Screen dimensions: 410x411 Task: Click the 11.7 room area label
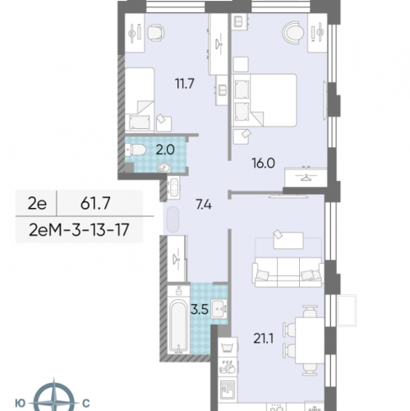click(185, 84)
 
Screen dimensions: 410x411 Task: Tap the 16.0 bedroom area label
click(263, 164)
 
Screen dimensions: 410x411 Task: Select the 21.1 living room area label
click(263, 339)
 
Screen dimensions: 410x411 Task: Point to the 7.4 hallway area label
click(204, 205)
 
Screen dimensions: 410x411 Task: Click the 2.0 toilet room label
click(165, 150)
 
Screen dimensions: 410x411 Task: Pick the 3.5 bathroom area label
click(200, 310)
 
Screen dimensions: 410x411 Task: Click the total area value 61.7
click(95, 203)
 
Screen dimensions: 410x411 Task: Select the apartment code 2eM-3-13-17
click(79, 229)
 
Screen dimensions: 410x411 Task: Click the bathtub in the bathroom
click(178, 326)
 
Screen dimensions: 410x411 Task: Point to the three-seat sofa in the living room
click(288, 272)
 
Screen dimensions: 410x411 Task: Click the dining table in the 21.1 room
click(310, 340)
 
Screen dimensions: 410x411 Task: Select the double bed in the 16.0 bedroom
click(265, 100)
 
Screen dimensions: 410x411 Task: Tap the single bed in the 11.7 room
click(140, 99)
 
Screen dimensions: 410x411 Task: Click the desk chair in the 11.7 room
click(156, 33)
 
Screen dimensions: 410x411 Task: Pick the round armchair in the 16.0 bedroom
click(293, 33)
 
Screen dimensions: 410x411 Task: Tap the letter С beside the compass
click(86, 404)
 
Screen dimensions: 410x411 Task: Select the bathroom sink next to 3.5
click(219, 309)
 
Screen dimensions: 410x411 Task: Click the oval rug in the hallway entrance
click(173, 219)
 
